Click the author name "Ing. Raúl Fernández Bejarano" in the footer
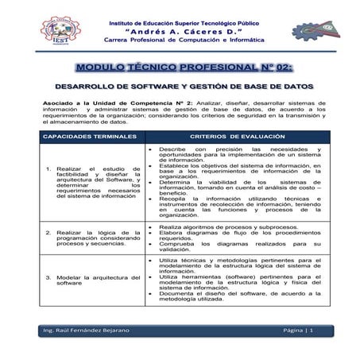tap(89, 329)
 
